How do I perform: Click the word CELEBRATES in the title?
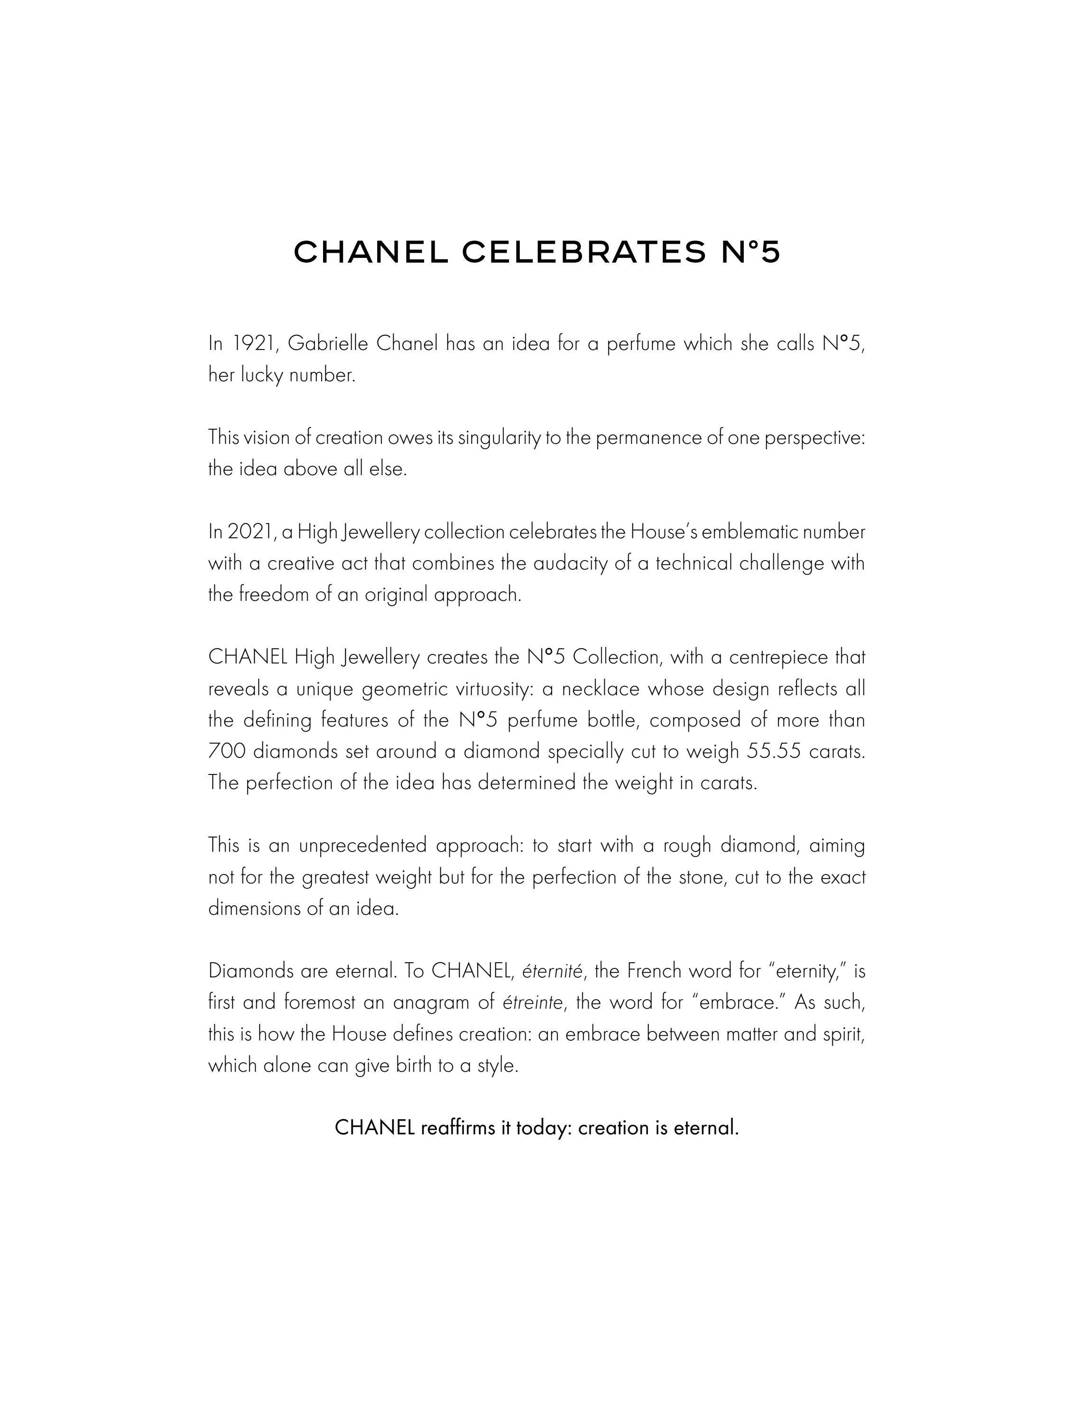583,252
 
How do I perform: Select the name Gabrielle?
328,344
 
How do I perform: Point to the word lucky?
263,376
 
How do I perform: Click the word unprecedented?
363,846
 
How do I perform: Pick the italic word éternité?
552,972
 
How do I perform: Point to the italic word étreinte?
533,1003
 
